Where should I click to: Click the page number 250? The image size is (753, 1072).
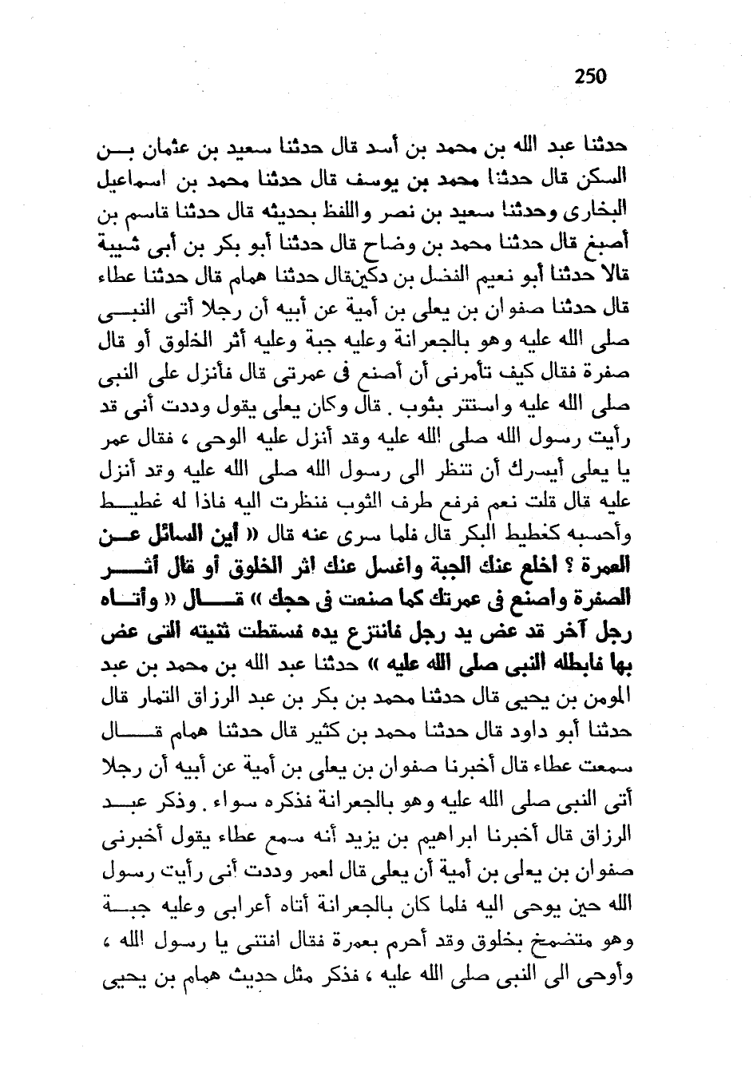tap(590, 77)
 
